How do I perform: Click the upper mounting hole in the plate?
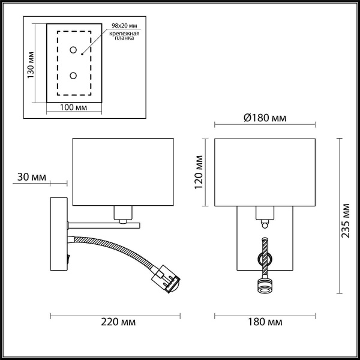click(x=74, y=50)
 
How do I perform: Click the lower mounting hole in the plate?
click(x=74, y=76)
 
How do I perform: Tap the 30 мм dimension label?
click(x=32, y=177)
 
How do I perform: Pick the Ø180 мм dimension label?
click(x=265, y=118)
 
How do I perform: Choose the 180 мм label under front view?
click(x=265, y=322)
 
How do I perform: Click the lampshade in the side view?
click(x=122, y=171)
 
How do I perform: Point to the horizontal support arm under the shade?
click(x=102, y=225)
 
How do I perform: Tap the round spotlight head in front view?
click(x=265, y=286)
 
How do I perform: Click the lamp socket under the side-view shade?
click(x=122, y=212)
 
